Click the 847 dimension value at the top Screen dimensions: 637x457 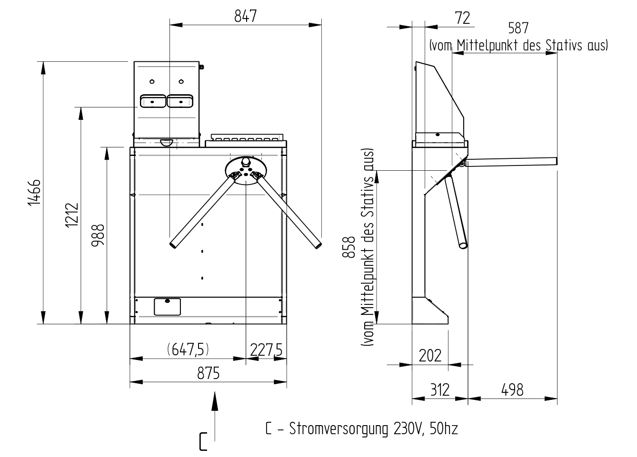pyautogui.click(x=245, y=16)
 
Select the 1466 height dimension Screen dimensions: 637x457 pyautogui.click(x=34, y=192)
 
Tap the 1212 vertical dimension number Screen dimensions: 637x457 pyautogui.click(x=72, y=215)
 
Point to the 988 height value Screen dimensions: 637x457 pyautogui.click(x=98, y=235)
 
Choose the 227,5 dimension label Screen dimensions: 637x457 pyautogui.click(x=266, y=350)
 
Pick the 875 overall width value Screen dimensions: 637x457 pyautogui.click(x=209, y=373)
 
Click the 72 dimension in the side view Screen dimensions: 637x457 pyautogui.click(x=463, y=18)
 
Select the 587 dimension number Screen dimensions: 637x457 pyautogui.click(x=518, y=29)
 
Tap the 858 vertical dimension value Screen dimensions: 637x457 pyautogui.click(x=349, y=247)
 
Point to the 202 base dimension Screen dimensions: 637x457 pyautogui.click(x=430, y=355)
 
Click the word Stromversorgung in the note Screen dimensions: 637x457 pyautogui.click(x=338, y=429)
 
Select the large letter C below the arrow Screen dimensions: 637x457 pyautogui.click(x=203, y=441)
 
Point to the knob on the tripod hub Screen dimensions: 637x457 pyautogui.click(x=245, y=162)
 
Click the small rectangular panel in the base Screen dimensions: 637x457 pyautogui.click(x=167, y=306)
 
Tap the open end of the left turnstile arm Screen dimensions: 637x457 pyautogui.click(x=173, y=245)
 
